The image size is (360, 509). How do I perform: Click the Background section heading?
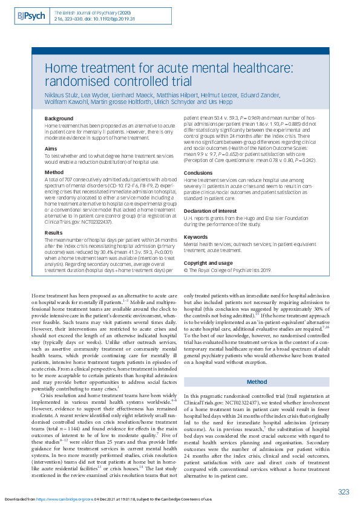[x=59, y=118]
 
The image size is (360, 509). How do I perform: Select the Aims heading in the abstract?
[x=51, y=148]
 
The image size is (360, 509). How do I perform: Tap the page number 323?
[x=343, y=492]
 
